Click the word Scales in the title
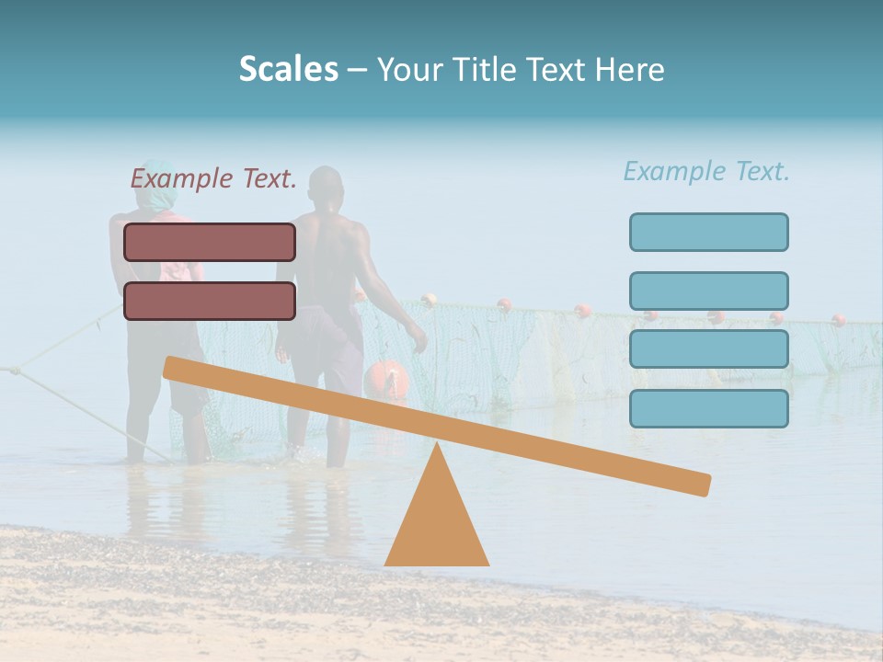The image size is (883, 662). (288, 69)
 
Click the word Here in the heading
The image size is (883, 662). (630, 69)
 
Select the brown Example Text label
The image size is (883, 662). (213, 179)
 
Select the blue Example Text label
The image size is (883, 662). (706, 171)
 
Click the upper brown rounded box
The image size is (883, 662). (210, 242)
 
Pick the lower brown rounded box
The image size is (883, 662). (210, 301)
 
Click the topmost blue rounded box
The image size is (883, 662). (708, 232)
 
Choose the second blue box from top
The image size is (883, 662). (708, 291)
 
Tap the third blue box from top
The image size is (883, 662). (708, 349)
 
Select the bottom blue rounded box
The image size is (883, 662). (708, 408)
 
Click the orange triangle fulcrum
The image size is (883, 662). (436, 519)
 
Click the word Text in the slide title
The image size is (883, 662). (557, 69)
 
